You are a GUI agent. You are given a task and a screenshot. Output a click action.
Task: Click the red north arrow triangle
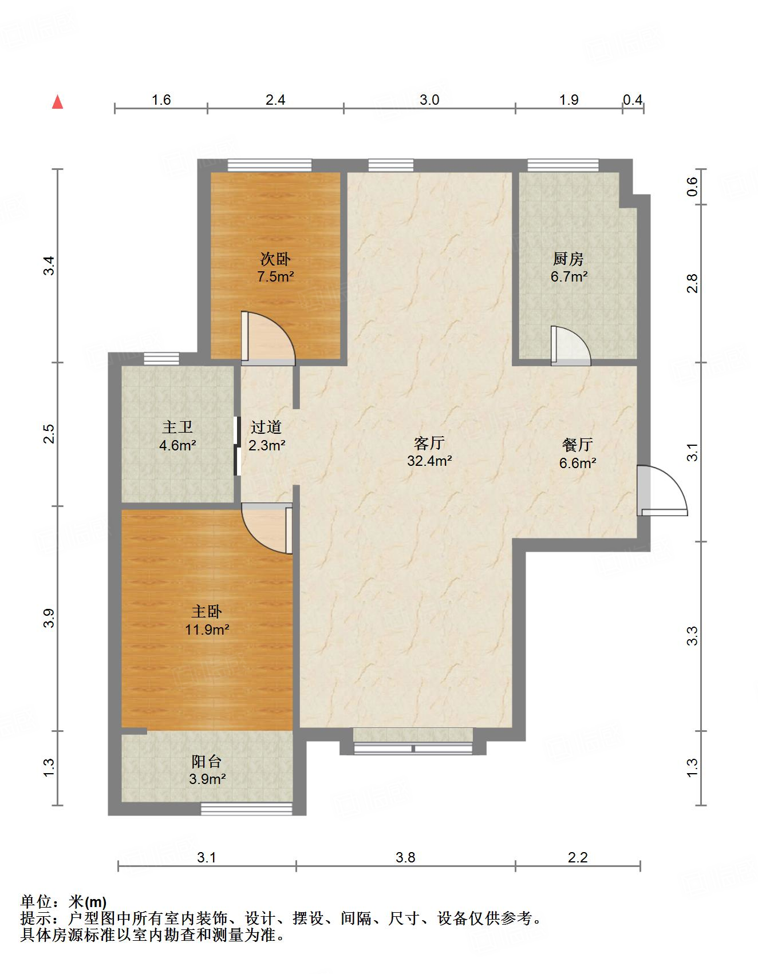click(57, 102)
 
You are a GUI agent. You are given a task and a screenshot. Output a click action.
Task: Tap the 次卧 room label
click(275, 259)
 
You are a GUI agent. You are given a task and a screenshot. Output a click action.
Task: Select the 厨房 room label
click(568, 259)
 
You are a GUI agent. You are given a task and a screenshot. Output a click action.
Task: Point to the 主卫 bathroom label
click(177, 427)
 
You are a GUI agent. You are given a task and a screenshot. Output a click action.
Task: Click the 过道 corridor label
click(266, 427)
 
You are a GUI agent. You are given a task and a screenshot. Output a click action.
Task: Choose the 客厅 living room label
click(429, 443)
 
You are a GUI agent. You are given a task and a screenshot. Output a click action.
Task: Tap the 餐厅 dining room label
click(577, 445)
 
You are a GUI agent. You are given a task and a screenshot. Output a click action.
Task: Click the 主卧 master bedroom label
click(207, 611)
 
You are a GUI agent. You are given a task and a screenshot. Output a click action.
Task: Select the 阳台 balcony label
click(206, 761)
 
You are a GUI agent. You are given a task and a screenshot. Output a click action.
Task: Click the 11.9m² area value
click(207, 629)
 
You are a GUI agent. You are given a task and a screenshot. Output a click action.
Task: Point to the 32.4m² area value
click(429, 461)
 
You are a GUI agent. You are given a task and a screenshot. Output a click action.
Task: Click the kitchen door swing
click(571, 346)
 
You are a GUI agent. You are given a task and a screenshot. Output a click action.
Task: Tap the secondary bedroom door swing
click(268, 338)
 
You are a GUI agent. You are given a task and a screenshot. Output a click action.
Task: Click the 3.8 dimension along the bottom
click(405, 857)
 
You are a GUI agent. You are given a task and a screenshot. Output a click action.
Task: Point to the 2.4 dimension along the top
click(275, 100)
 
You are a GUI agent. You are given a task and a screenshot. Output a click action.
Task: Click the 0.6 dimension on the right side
click(692, 187)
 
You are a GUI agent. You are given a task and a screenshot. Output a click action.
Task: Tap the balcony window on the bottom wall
click(247, 808)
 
